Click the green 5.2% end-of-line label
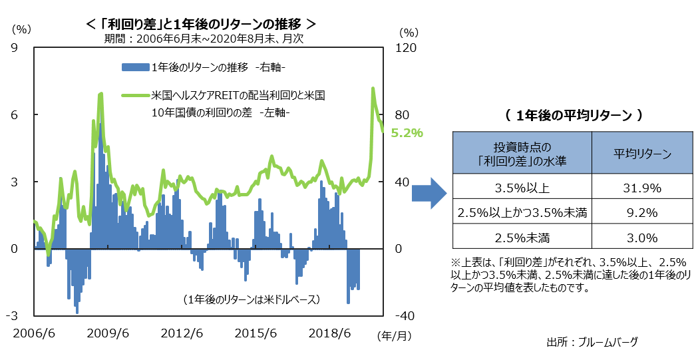pyautogui.click(x=407, y=133)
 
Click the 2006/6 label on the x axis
pyautogui.click(x=33, y=333)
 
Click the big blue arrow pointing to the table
pyautogui.click(x=427, y=193)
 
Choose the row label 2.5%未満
pyautogui.click(x=522, y=238)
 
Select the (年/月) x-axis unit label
pyautogui.click(x=394, y=335)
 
